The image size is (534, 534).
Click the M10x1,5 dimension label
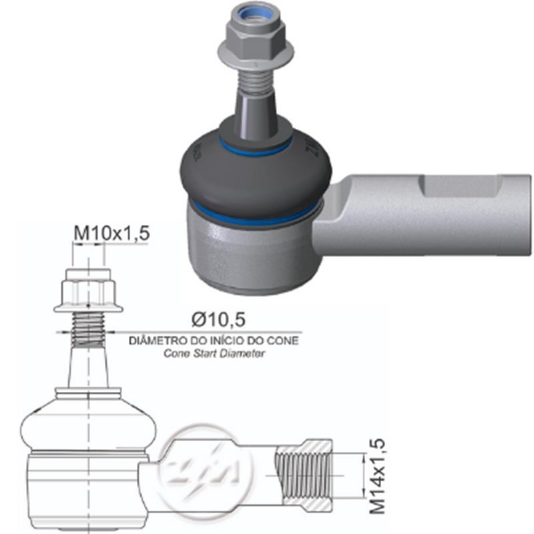point(111,233)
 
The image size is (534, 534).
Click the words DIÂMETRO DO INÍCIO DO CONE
point(213,340)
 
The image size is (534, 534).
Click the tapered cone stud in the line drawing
point(88,367)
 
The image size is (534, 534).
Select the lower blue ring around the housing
point(254,217)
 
